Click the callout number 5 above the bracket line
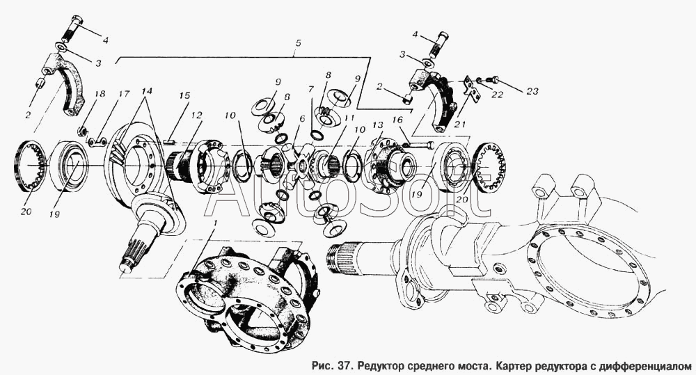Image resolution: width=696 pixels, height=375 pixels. tap(299, 44)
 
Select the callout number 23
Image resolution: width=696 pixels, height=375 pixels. tap(532, 91)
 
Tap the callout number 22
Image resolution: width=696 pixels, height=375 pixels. tap(497, 95)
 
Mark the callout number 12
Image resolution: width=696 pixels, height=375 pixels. tap(197, 115)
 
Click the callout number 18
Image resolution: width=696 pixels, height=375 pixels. tap(100, 94)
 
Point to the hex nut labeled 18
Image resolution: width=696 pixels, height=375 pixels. tap(81, 131)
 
